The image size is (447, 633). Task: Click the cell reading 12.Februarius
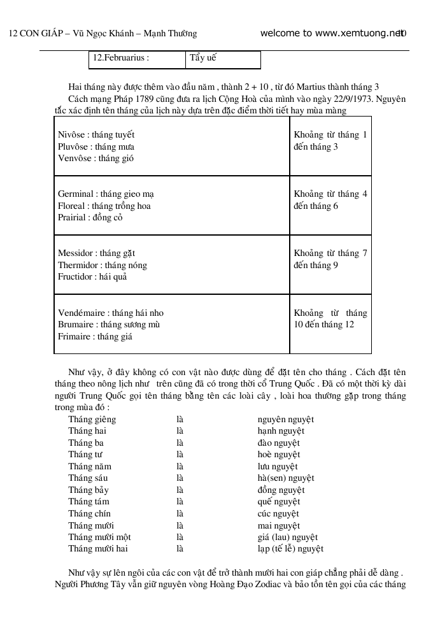pos(121,58)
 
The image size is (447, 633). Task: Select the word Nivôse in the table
pos(71,135)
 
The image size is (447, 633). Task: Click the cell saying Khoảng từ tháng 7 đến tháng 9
pos(330,259)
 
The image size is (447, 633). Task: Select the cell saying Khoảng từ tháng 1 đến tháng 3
pos(330,141)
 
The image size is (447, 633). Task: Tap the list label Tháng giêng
pos(92,420)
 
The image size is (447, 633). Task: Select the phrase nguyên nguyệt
pos(285,420)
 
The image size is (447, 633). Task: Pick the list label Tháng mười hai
pos(98,549)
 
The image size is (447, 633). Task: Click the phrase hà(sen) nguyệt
pos(285,478)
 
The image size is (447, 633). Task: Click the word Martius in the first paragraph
pos(327,87)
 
